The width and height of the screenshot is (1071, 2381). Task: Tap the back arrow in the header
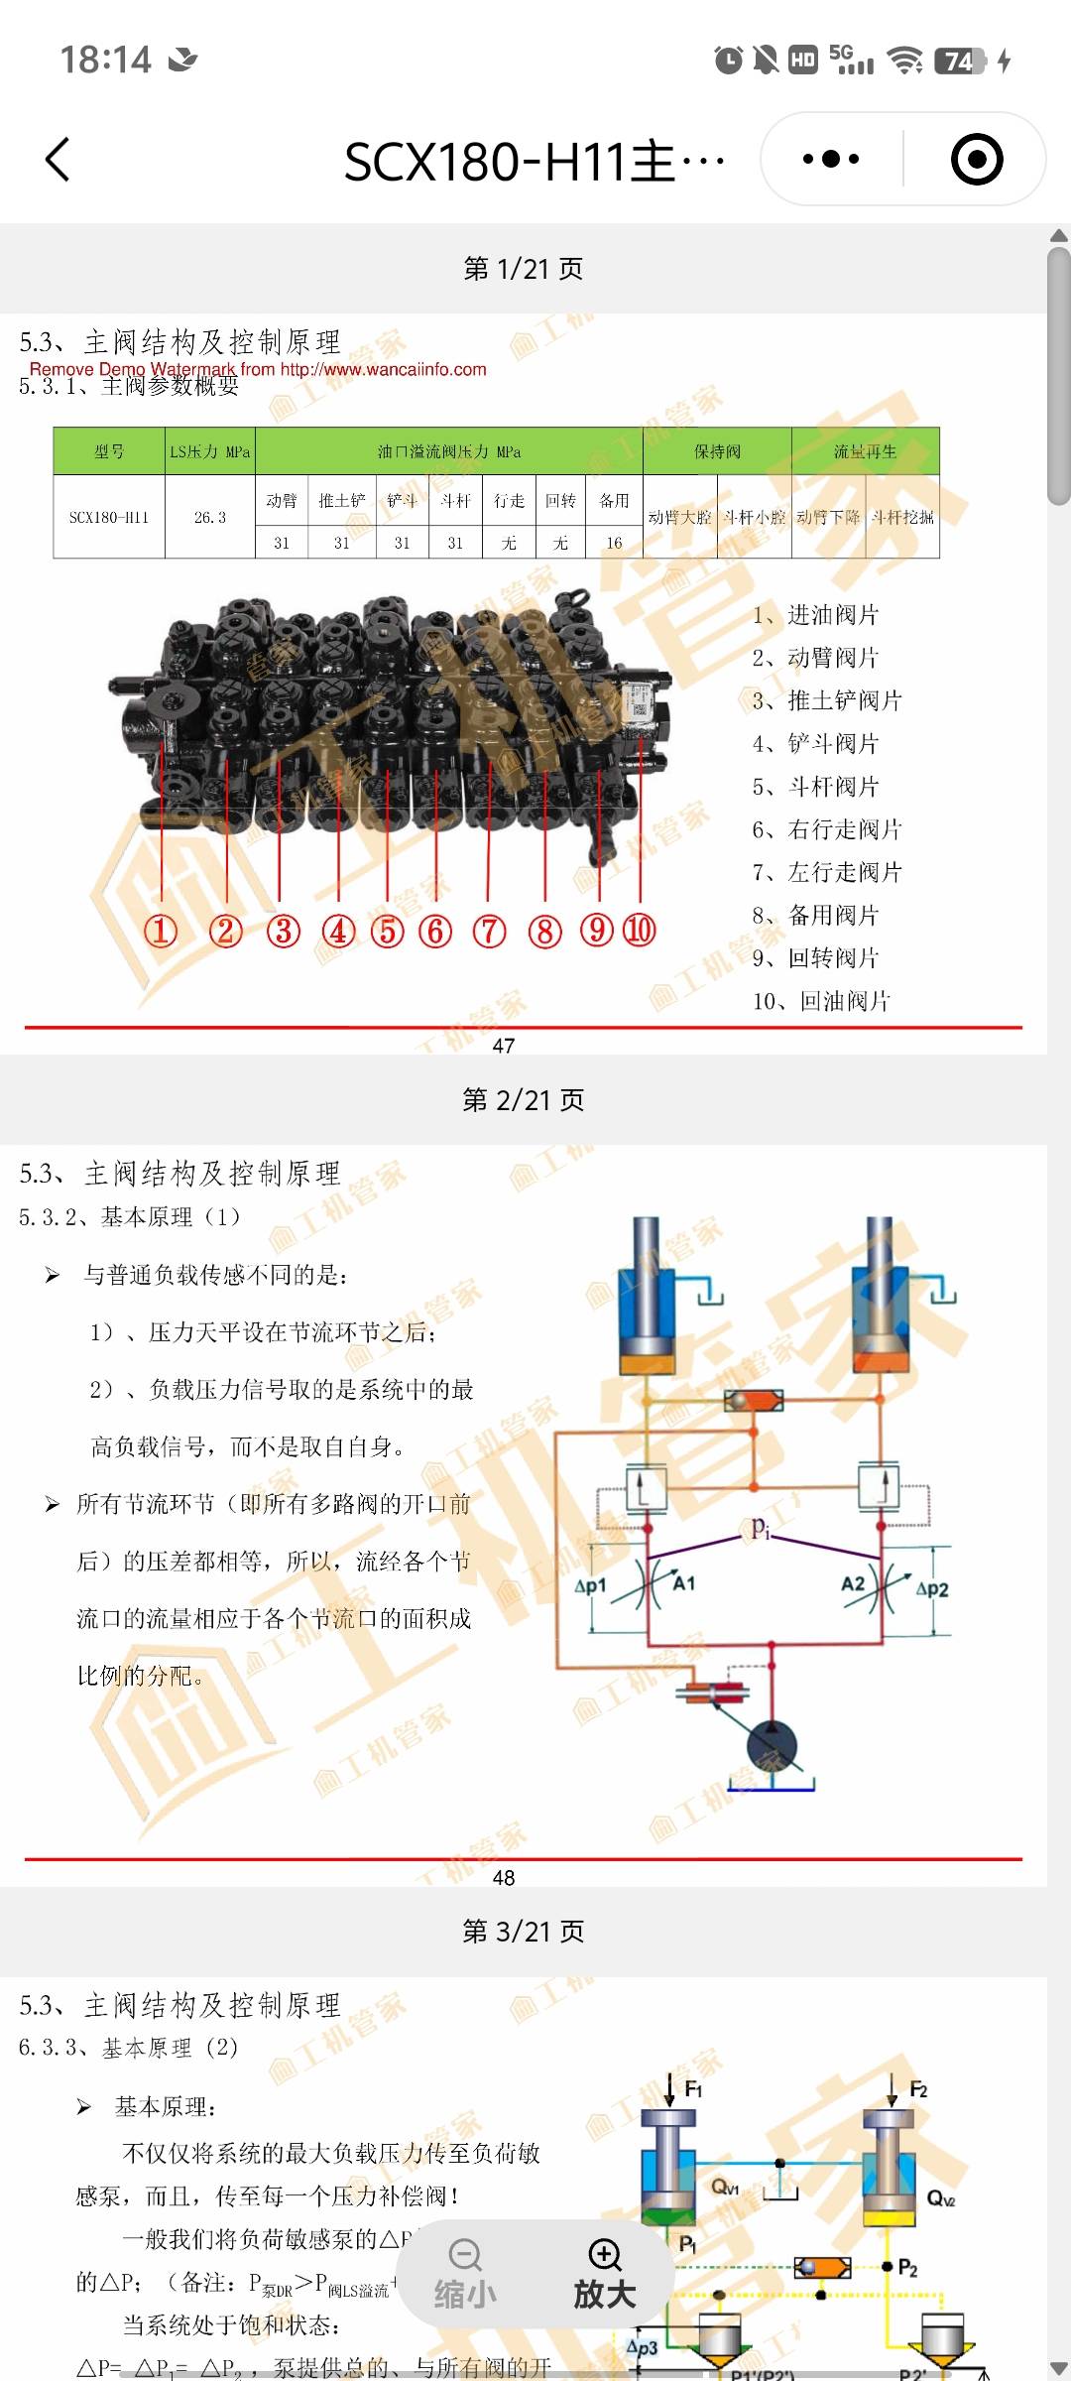click(58, 160)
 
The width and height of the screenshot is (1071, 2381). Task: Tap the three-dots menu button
click(831, 160)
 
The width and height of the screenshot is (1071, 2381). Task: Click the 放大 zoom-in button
click(604, 2274)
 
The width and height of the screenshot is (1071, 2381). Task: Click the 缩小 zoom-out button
click(465, 2274)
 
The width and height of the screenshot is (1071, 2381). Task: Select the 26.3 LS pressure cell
click(209, 517)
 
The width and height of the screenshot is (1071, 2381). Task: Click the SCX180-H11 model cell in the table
click(109, 517)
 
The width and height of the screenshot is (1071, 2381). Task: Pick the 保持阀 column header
click(717, 451)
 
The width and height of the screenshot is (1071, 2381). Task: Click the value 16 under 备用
click(614, 543)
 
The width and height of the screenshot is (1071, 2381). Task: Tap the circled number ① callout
click(161, 931)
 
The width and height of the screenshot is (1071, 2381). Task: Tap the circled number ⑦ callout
click(488, 931)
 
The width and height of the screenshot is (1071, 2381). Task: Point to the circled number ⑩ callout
click(640, 930)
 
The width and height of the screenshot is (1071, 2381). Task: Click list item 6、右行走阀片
click(827, 829)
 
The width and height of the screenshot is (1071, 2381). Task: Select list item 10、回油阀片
click(821, 1001)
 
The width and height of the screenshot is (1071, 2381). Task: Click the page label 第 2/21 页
click(523, 1100)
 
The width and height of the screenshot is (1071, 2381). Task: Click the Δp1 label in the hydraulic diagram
click(590, 1585)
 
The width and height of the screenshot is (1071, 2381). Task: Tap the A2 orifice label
click(853, 1583)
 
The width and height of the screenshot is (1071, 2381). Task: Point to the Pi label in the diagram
click(761, 1527)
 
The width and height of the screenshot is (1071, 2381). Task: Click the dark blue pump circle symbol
click(772, 1746)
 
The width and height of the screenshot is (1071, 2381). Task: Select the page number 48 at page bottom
click(504, 1877)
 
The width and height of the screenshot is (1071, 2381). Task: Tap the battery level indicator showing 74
click(960, 62)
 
